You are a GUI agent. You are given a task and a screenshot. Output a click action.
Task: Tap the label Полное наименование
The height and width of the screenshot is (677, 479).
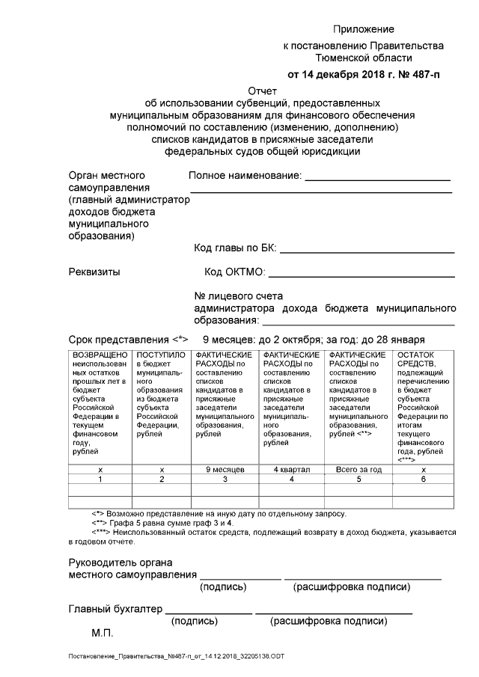coord(245,176)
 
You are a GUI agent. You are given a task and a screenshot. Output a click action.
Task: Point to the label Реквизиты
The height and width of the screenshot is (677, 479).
coord(94,272)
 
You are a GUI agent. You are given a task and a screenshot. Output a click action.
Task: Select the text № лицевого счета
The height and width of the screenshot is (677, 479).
coord(239,296)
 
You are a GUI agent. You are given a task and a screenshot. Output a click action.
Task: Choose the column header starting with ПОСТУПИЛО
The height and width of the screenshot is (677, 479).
coord(162,396)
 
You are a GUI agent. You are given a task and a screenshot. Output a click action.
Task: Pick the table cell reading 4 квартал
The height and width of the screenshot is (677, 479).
coord(292,469)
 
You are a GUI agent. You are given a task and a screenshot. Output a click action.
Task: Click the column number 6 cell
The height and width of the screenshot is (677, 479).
coord(423,479)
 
